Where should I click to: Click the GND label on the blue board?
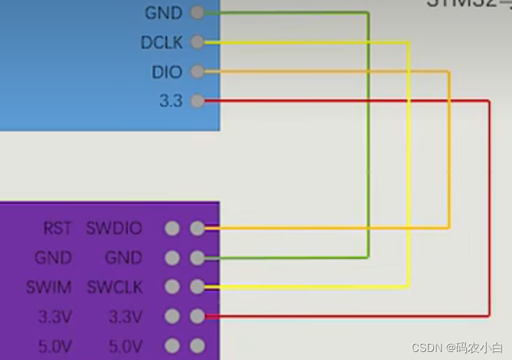163,13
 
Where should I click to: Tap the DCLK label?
161,42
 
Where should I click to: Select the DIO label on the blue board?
167,72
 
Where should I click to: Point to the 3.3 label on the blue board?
170,102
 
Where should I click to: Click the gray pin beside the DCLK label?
196,42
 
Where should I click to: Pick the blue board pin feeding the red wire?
196,102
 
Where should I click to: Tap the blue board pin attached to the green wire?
196,13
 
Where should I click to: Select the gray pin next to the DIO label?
196,72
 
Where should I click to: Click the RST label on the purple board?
57,229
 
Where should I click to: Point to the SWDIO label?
114,229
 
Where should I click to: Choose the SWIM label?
48,287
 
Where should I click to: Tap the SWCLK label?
115,287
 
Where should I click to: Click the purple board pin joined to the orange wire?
196,229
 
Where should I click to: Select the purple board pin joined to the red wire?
196,316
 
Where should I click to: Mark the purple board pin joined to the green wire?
196,258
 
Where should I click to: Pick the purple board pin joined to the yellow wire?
196,287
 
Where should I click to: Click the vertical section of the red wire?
489,209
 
